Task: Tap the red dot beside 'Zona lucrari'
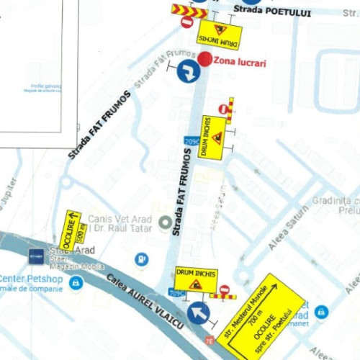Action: point(205,59)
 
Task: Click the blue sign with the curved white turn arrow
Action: point(189,71)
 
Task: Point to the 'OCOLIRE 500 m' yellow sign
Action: point(74,228)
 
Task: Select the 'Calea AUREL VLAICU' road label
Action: point(143,302)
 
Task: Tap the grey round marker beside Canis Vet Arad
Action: point(166,224)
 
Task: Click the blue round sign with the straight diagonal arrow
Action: point(199,313)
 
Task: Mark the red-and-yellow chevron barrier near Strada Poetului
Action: point(189,11)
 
